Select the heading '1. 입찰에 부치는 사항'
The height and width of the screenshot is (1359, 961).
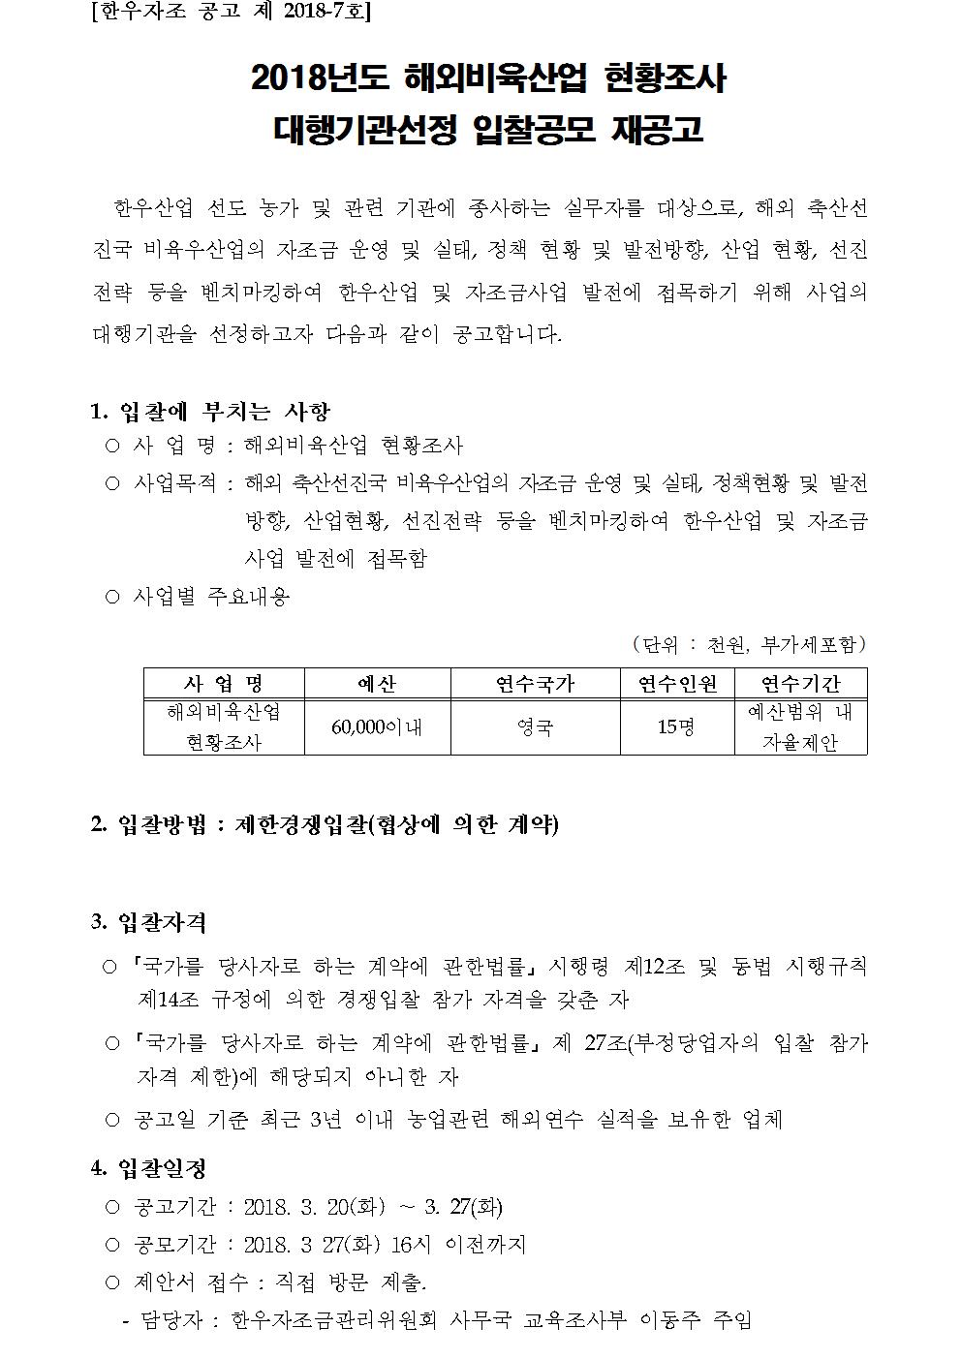(210, 412)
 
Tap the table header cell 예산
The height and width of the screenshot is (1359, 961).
(377, 684)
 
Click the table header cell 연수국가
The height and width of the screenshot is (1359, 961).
(535, 684)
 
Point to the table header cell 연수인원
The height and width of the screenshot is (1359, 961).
(677, 684)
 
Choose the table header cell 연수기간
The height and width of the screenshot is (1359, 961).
(800, 684)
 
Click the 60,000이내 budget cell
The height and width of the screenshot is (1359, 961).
(377, 727)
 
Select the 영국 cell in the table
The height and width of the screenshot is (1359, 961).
(535, 727)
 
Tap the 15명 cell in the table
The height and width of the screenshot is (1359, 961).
(676, 727)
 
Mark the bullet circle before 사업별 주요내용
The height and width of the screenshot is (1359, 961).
(111, 597)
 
